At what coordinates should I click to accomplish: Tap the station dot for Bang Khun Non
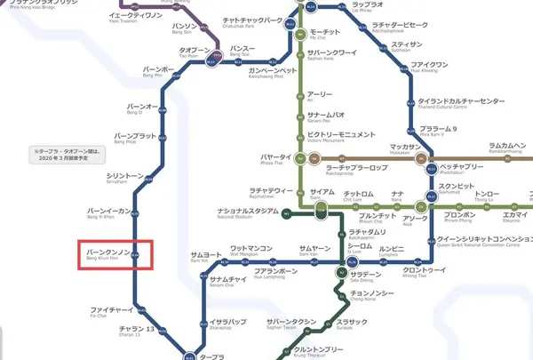[137, 254]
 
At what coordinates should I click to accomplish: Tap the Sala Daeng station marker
[339, 273]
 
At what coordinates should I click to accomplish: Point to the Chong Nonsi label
[372, 296]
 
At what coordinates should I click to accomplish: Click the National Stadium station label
[248, 212]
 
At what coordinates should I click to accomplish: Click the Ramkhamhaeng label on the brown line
[513, 148]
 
